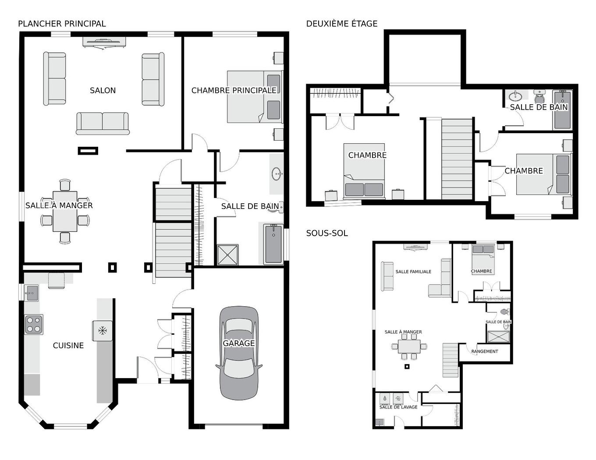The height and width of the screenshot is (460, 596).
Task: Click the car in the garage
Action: point(239,353)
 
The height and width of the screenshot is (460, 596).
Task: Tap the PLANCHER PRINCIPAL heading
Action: point(62,24)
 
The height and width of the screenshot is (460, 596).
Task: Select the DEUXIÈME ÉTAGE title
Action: point(341,24)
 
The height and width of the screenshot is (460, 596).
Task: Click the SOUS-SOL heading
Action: point(327,234)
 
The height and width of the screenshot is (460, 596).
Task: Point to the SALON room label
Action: point(103,91)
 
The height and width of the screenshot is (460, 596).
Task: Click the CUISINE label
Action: point(68,346)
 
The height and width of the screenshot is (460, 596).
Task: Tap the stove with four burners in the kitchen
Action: point(34,325)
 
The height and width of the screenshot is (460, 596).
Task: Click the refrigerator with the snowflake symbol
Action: point(103,331)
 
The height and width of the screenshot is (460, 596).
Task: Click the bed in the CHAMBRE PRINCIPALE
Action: point(254,97)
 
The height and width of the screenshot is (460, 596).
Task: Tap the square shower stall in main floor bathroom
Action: point(228,255)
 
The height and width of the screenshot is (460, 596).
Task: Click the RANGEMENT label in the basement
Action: point(485,351)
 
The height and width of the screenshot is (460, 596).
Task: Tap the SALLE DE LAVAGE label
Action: point(398,407)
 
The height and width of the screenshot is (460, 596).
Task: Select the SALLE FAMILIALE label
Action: point(413,272)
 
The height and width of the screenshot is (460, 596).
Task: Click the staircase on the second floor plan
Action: point(457,159)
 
